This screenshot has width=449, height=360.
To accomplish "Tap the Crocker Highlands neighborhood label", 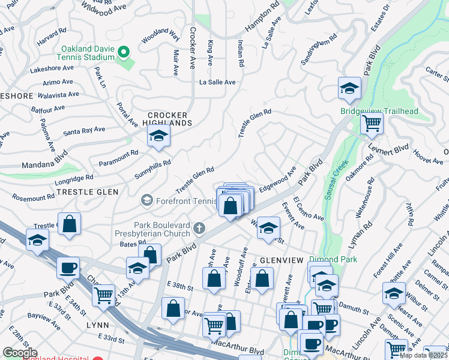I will click(x=168, y=119).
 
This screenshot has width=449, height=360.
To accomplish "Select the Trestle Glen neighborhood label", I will click(x=96, y=191).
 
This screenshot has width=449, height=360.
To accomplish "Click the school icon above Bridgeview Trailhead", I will click(x=349, y=89).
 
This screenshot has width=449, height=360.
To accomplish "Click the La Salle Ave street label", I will click(x=217, y=82).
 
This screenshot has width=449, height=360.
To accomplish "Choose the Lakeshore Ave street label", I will click(x=51, y=68).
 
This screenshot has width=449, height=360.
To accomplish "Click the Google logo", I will click(x=20, y=353).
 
